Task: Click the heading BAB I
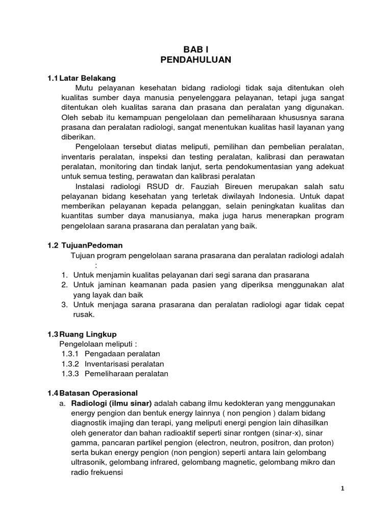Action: click(195, 49)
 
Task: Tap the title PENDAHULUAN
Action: click(195, 60)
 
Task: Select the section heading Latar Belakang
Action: click(87, 78)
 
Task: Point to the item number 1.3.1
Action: click(70, 353)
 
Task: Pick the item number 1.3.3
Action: click(70, 373)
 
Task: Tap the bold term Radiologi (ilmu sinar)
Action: click(111, 403)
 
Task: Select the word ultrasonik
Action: click(87, 462)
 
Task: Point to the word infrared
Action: click(149, 462)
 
